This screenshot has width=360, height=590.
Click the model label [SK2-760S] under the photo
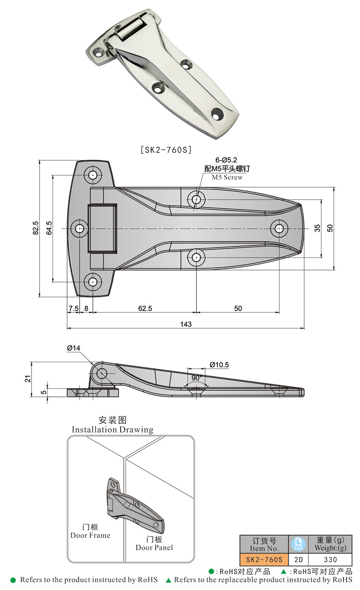(x=166, y=150)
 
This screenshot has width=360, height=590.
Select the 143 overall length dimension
(x=185, y=324)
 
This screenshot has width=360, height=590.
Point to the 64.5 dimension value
(x=49, y=229)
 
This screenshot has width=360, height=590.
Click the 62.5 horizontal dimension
(x=145, y=308)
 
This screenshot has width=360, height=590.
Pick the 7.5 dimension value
(x=73, y=308)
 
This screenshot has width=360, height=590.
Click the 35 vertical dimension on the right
(x=318, y=229)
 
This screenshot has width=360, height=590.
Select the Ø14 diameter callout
(x=73, y=348)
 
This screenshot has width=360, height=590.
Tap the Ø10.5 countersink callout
(x=219, y=364)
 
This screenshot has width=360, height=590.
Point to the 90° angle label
(x=197, y=378)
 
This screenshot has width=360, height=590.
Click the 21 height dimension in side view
(x=28, y=378)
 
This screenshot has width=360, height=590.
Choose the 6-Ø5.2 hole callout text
(x=226, y=160)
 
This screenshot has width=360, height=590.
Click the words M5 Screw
(x=227, y=177)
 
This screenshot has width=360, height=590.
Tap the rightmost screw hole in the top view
(x=279, y=229)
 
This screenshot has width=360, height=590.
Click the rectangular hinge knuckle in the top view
(x=102, y=228)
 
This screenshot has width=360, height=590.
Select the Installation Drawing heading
(x=112, y=429)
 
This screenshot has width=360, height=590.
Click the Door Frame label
(x=90, y=535)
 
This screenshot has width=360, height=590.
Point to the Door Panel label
(x=154, y=547)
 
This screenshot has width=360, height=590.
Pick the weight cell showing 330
(x=330, y=560)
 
